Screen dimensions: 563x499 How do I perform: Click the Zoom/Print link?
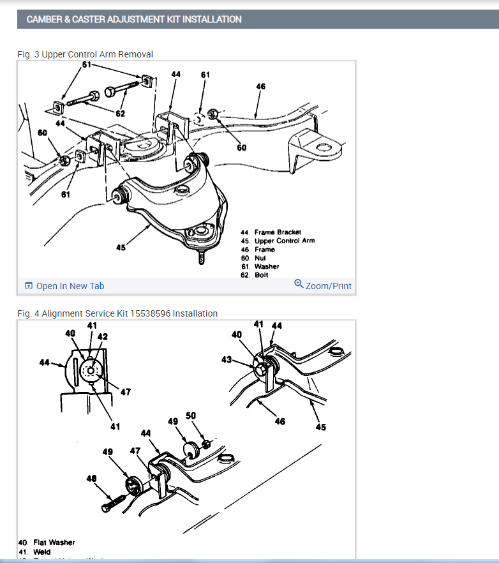coord(323,285)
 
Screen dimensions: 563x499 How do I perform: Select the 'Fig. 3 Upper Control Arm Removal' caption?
coord(85,54)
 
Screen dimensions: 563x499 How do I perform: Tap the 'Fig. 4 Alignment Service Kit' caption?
coord(117,313)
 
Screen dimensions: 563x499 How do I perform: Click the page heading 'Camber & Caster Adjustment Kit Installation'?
coord(134,19)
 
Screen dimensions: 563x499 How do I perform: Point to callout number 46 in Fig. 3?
coord(260,86)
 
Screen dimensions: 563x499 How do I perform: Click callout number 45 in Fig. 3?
coord(121,248)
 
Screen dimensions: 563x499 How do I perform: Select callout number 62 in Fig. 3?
coord(121,113)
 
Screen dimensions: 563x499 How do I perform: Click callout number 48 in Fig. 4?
coord(91,478)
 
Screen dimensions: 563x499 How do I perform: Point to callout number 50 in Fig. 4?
coord(190,416)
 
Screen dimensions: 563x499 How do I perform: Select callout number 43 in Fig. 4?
coord(227,360)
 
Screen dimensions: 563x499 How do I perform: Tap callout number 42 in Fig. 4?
coord(102,336)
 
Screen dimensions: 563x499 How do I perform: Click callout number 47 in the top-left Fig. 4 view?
coord(126,392)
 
